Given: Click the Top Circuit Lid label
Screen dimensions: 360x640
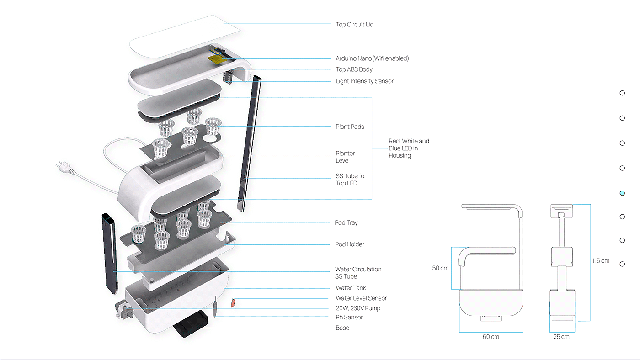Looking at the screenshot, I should (354, 24).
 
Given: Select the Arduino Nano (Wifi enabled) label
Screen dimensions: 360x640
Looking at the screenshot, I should (372, 58).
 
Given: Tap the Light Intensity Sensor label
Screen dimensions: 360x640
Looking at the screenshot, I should (364, 81).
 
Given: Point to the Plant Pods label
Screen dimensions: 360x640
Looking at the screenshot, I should (350, 127).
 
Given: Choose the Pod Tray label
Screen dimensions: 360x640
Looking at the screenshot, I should (346, 223).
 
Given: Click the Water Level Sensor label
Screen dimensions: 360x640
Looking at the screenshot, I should (361, 298).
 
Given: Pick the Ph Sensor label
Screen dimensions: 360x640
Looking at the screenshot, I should (349, 317).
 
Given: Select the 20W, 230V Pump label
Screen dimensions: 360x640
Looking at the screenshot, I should (358, 308).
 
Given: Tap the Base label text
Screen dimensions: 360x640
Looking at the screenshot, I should (342, 328).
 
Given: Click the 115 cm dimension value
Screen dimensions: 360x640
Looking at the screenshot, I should (601, 261).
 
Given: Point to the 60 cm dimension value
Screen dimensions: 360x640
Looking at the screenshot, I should (491, 337).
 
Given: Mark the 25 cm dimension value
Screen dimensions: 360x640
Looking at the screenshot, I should (561, 337).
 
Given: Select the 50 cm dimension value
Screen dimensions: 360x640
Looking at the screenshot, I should (440, 268).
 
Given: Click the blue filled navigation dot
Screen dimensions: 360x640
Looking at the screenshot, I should (622, 193).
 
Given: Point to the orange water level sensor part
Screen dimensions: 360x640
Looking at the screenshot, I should (233, 302).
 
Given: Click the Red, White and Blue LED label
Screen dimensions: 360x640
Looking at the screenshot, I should (409, 148).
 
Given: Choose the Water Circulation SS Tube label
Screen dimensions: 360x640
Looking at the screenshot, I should (358, 273).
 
